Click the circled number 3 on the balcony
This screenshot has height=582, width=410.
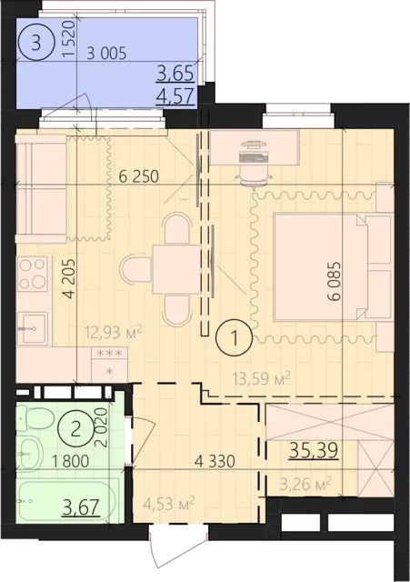(35, 44)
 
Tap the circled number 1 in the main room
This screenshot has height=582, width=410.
(235, 338)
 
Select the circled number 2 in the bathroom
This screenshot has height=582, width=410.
(75, 430)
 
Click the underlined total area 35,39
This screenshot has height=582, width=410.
(314, 450)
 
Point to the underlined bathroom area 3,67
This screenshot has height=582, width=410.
(81, 507)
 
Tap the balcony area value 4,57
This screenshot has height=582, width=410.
(175, 96)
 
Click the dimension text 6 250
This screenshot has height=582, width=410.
(139, 176)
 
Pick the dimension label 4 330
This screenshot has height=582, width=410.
(215, 461)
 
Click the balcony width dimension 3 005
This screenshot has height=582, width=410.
(106, 54)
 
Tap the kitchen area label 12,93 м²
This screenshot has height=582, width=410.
(114, 331)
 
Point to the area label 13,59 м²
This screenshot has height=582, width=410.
(261, 378)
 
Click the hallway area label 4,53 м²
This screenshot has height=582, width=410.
(169, 505)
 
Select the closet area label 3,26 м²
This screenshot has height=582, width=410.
(305, 485)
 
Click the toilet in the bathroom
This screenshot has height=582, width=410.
(35, 418)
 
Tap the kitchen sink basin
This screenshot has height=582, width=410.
(33, 328)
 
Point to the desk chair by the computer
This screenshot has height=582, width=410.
(254, 177)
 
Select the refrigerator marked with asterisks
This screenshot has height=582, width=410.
(109, 365)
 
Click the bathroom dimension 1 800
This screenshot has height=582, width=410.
(71, 461)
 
